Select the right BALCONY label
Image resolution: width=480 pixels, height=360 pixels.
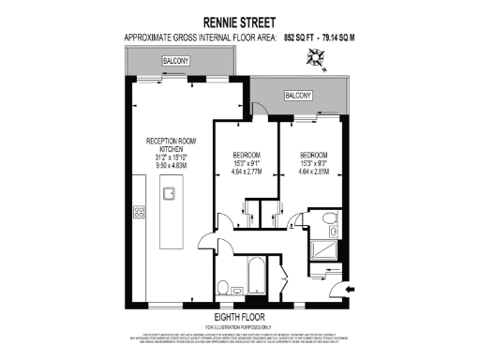pos(298,96)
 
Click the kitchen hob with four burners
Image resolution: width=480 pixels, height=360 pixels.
pos(139,212)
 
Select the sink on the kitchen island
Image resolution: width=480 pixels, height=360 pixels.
pos(171,195)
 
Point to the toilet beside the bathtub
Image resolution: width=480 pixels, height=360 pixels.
pos(222,286)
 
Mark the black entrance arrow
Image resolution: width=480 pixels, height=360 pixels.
pos(351,291)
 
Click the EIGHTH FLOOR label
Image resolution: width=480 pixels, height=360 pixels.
pos(240,318)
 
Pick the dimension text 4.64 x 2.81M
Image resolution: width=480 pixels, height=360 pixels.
pos(314,172)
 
